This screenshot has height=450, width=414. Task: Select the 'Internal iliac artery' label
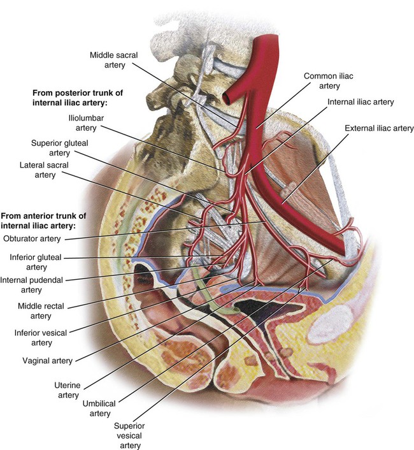tap(360, 101)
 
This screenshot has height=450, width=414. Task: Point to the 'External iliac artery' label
tap(379, 128)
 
